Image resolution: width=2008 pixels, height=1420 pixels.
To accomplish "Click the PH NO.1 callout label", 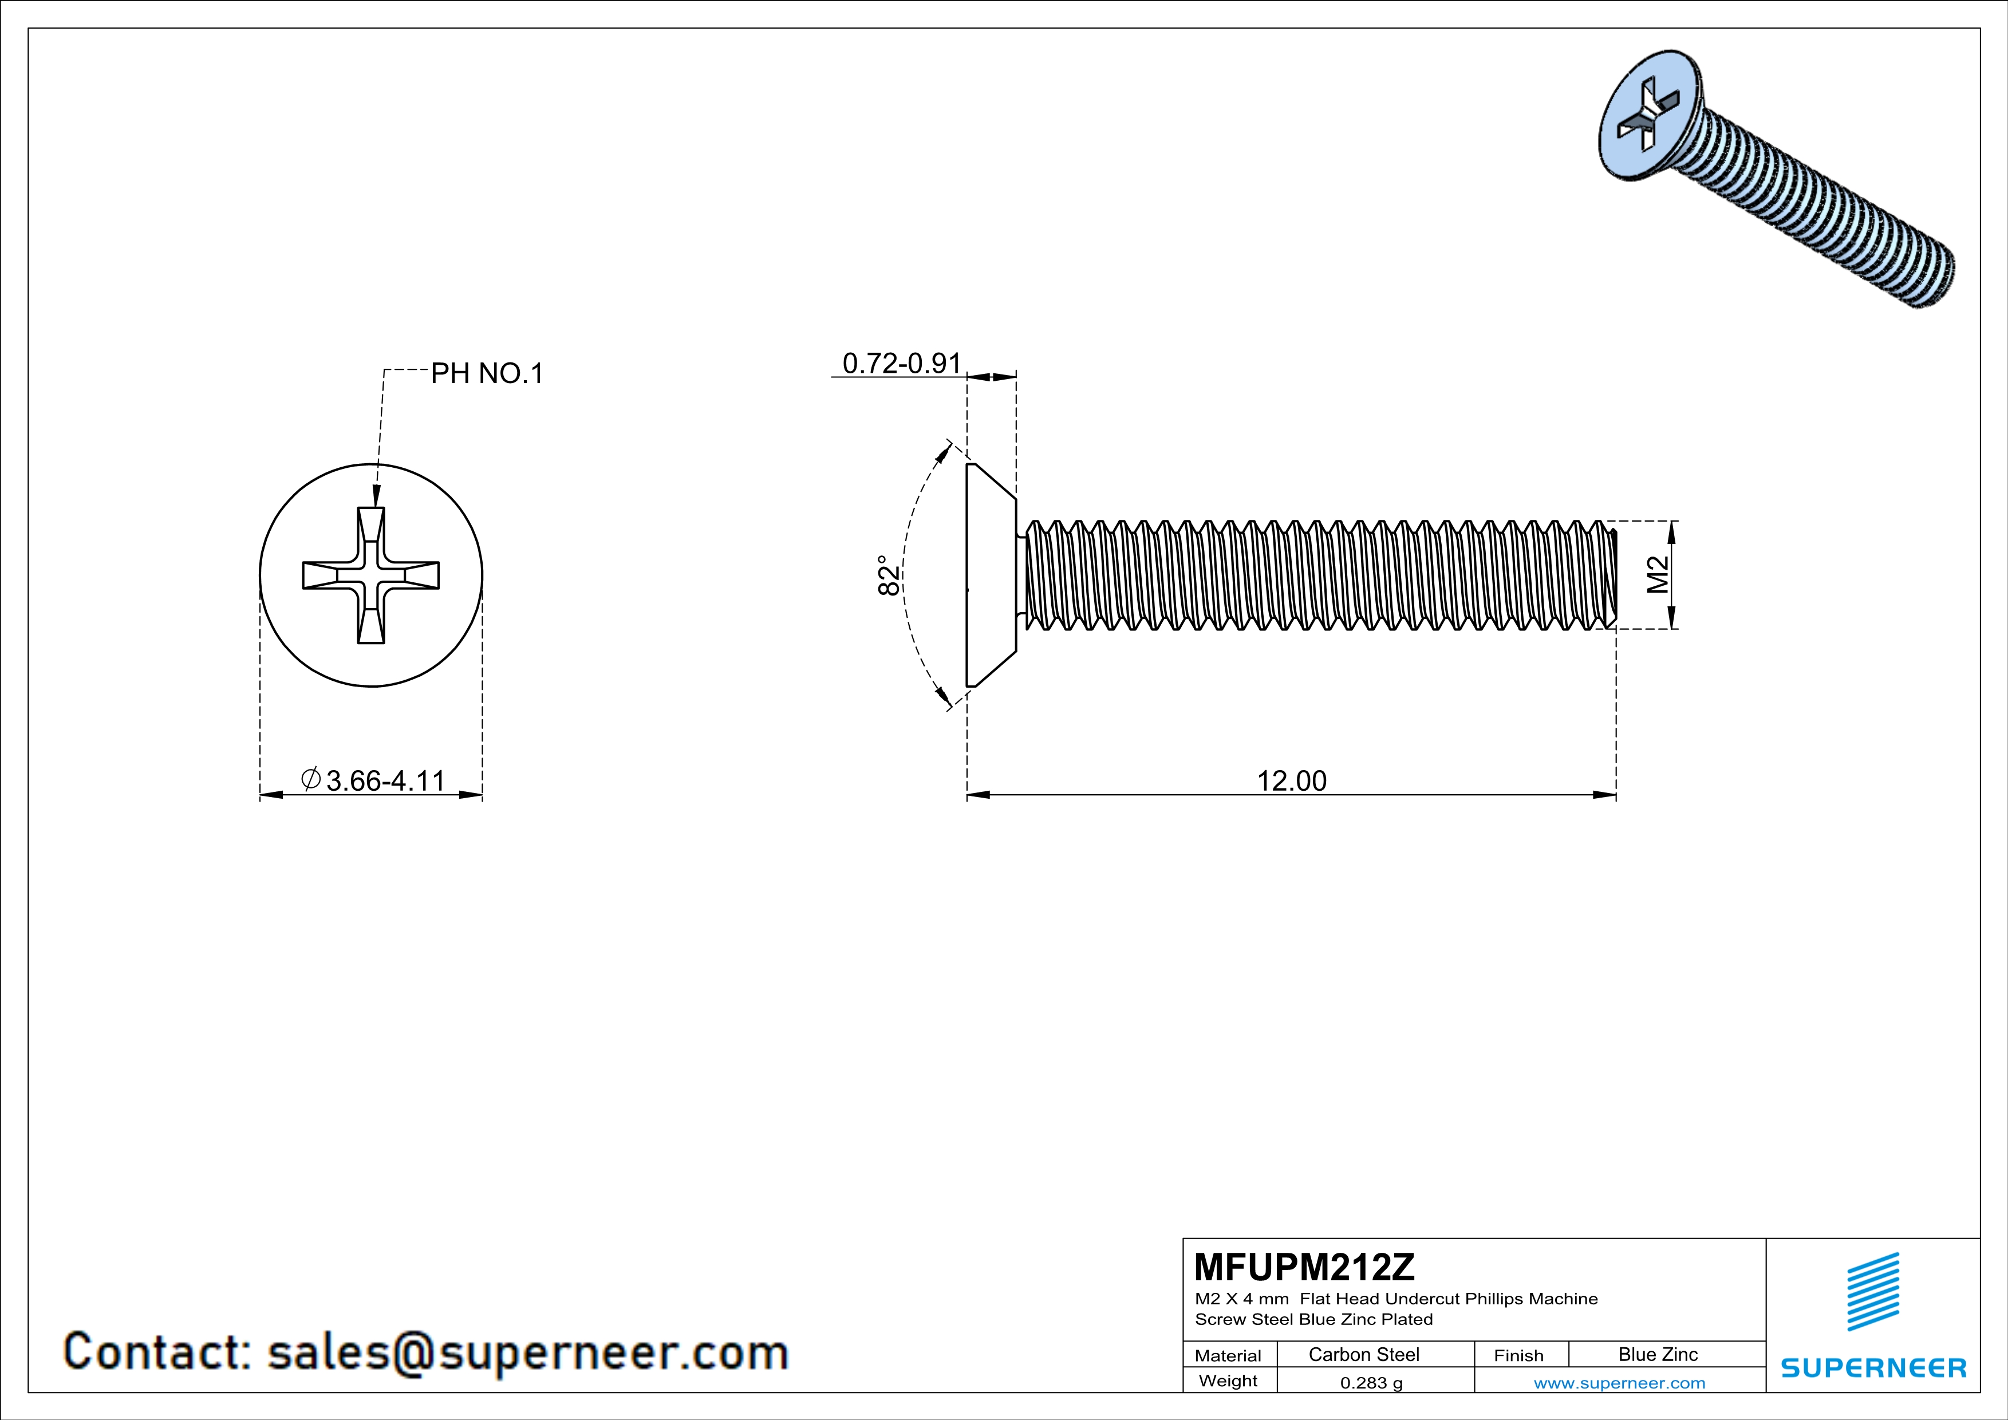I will click(x=487, y=374).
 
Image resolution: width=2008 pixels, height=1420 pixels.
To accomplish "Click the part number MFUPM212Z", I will click(x=1303, y=1266).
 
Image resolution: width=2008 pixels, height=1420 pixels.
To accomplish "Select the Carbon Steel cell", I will click(x=1363, y=1354).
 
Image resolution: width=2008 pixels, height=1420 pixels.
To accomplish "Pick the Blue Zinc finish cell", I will click(x=1657, y=1354).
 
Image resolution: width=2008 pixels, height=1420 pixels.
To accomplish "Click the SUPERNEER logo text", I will click(x=1873, y=1367).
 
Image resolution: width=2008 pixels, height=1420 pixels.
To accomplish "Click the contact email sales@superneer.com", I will click(x=527, y=1352).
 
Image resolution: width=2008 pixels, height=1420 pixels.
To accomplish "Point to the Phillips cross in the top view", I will click(x=371, y=575).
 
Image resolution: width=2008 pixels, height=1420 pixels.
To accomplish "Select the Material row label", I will click(x=1228, y=1355).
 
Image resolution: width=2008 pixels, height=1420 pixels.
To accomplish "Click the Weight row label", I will click(x=1228, y=1380).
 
